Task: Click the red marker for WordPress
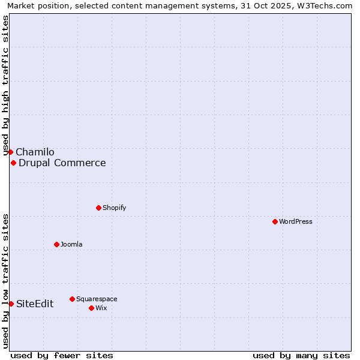[x=275, y=221]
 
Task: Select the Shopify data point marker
[x=98, y=208]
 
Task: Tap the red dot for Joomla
[x=56, y=244]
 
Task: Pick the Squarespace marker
[x=72, y=299]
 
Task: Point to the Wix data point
[x=91, y=308]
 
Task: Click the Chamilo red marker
[x=10, y=152]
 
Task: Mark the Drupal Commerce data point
[x=13, y=163]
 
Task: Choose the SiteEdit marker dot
[x=11, y=304]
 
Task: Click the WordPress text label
[x=296, y=221]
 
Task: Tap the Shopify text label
[x=114, y=208]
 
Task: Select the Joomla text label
[x=71, y=244]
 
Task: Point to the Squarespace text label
[x=97, y=299]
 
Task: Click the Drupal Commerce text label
[x=62, y=163]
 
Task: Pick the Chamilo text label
[x=35, y=152]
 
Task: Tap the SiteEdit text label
[x=35, y=304]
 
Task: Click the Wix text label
[x=101, y=308]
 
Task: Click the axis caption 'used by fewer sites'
[x=62, y=355]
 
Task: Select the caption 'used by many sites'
[x=301, y=355]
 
